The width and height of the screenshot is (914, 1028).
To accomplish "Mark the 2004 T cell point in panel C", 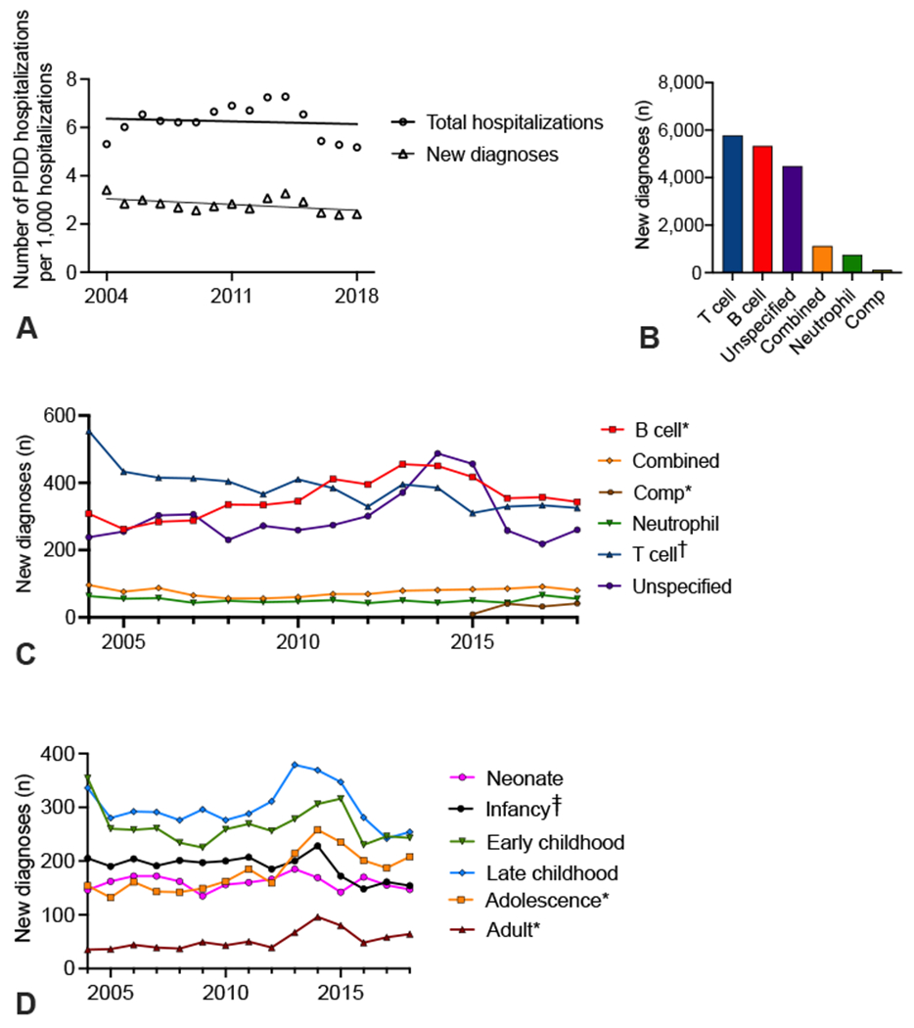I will pos(88,432).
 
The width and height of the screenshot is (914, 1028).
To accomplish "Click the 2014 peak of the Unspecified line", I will pos(437,453).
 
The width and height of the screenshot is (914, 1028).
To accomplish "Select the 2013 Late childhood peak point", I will pos(295,764).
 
